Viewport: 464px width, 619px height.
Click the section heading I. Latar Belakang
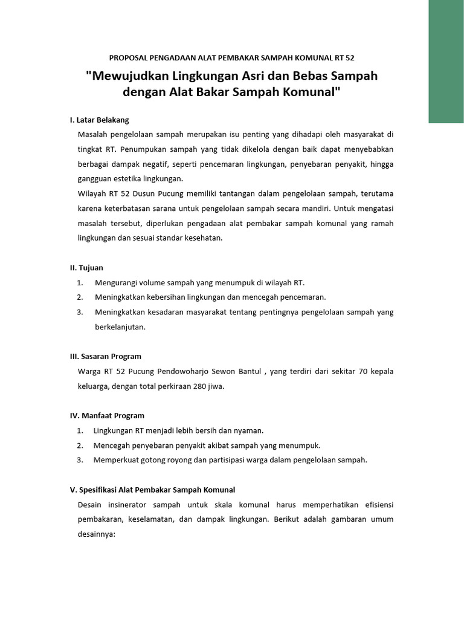point(99,120)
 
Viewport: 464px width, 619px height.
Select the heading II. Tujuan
point(86,267)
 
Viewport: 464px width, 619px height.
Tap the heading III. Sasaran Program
point(105,356)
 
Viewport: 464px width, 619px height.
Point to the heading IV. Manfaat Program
point(107,415)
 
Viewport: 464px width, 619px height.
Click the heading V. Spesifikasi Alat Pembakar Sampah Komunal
point(152,490)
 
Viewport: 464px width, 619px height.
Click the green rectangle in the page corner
point(446,61)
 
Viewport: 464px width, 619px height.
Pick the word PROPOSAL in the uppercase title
point(129,58)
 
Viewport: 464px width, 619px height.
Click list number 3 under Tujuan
point(80,312)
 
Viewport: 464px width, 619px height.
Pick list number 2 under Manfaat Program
point(80,446)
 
